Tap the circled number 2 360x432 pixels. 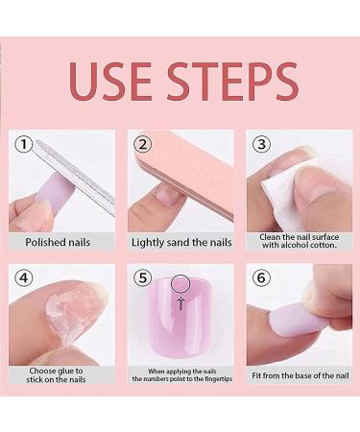pyautogui.click(x=143, y=145)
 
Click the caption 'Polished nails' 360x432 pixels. pyautogui.click(x=58, y=243)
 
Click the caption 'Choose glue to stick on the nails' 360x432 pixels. pyautogui.click(x=58, y=376)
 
